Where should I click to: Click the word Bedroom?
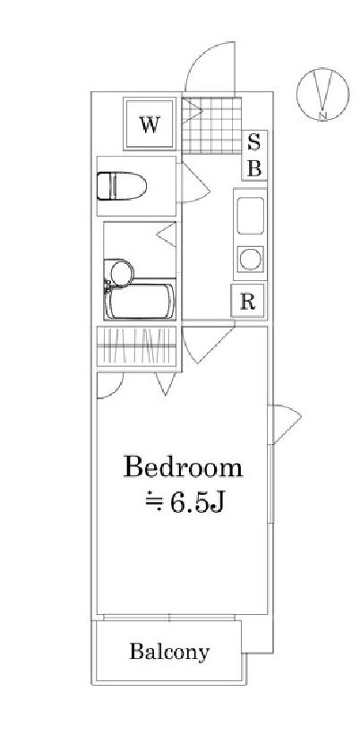[x=183, y=466]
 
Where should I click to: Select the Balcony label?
[x=169, y=653]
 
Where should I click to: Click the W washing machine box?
[x=150, y=124]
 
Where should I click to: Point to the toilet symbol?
[x=122, y=186]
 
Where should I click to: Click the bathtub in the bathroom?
[x=140, y=302]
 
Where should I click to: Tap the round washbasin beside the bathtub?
[x=122, y=273]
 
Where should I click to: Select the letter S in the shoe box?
[x=254, y=142]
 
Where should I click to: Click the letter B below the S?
[x=254, y=168]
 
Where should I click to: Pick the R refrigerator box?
[x=247, y=301]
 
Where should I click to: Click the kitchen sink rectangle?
[x=250, y=216]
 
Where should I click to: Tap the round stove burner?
[x=250, y=259]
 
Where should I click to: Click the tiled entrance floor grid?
[x=211, y=125]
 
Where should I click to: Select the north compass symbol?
[x=323, y=94]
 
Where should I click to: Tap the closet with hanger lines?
[x=137, y=346]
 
